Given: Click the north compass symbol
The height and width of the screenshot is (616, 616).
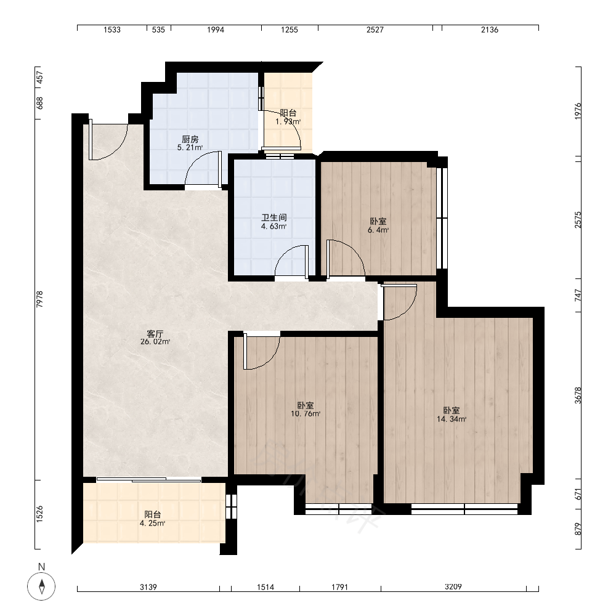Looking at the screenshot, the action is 41,586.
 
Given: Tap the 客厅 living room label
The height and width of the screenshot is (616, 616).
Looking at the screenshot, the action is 155,334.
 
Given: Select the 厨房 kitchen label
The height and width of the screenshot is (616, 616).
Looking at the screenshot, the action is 190,139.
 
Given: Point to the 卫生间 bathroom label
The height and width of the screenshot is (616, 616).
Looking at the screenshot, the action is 274,217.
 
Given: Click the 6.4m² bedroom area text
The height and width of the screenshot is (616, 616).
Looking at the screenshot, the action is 378,230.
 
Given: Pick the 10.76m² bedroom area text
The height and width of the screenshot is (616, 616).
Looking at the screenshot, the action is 306,414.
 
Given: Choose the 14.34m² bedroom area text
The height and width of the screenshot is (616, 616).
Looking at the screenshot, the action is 452,419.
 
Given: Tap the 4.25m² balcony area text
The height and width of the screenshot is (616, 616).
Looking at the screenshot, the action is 152,523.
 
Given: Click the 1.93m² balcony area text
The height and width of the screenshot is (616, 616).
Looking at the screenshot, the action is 288,122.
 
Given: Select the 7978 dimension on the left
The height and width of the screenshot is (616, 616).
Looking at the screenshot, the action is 39,299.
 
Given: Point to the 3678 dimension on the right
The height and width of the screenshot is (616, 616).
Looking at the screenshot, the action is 578,395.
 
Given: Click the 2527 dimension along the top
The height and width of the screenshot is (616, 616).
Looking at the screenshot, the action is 375,30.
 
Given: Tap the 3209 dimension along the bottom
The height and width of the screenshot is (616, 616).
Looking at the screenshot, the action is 453,587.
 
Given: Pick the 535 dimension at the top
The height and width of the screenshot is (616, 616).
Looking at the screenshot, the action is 158,30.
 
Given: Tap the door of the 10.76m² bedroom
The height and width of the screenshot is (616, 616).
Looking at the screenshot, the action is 261,352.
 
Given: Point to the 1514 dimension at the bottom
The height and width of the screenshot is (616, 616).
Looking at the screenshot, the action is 265,587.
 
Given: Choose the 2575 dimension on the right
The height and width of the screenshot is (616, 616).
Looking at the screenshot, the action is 578,220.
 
